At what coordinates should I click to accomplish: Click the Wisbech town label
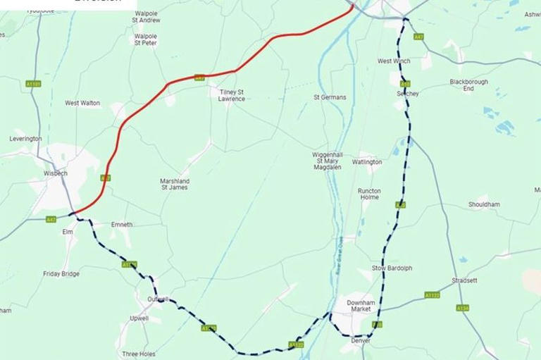(55, 173)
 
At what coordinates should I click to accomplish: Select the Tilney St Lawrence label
(232, 95)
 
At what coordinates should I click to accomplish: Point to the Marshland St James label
(175, 184)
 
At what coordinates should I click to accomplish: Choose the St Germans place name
(330, 97)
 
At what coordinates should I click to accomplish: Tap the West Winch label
(394, 61)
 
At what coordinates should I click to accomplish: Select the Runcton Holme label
(369, 194)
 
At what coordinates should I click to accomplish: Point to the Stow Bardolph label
(394, 268)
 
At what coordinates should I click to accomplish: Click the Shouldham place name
(484, 205)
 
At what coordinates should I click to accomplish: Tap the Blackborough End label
(468, 85)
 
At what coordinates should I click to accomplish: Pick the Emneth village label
(122, 225)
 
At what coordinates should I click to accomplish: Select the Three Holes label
(139, 354)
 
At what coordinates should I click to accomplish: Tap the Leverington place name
(25, 139)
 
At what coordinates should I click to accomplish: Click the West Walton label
(82, 103)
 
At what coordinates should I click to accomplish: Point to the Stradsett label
(465, 280)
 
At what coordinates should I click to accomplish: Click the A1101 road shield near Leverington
(33, 84)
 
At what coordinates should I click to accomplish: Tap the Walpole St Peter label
(146, 39)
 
